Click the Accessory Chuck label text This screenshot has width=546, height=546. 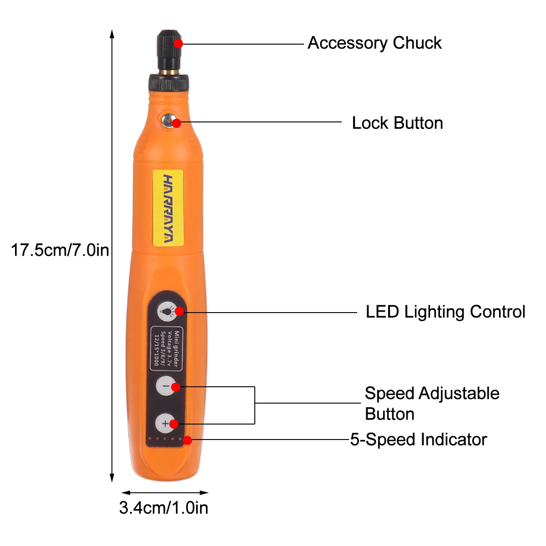(374, 43)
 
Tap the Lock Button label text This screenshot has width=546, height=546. (397, 123)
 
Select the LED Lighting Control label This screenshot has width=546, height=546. (445, 312)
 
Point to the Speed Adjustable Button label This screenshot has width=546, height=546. (432, 404)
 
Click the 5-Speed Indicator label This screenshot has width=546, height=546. (419, 440)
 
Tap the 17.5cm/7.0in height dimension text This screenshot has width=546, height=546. (60, 250)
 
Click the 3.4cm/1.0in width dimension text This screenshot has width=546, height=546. (164, 508)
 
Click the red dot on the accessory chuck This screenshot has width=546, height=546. (178, 44)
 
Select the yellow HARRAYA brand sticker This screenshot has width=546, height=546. (168, 208)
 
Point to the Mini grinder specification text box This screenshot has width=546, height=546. (167, 349)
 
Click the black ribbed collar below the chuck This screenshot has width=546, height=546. (169, 83)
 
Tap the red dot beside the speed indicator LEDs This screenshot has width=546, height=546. (187, 440)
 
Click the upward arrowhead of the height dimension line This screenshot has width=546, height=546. (112, 34)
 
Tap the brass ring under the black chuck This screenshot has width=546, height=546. (169, 72)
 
